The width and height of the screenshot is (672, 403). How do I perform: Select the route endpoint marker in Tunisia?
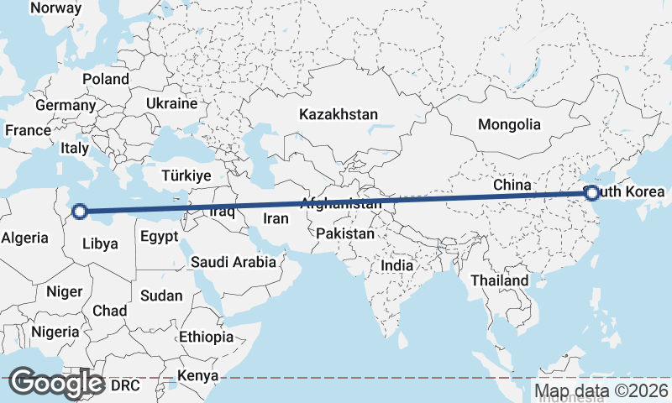click(x=80, y=212)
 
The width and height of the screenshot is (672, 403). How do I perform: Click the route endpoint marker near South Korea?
click(x=592, y=193)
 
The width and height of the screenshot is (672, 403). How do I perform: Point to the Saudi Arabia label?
click(x=234, y=262)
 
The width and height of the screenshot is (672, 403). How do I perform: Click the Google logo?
click(x=57, y=383)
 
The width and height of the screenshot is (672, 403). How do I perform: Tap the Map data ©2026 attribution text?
click(x=601, y=390)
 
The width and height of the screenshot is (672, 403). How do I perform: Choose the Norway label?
click(x=55, y=8)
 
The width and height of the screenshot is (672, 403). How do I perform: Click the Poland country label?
click(x=106, y=79)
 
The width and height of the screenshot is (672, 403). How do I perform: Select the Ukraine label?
click(x=171, y=103)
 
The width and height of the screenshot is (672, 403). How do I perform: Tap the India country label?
click(x=396, y=265)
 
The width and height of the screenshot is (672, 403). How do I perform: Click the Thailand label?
click(x=500, y=280)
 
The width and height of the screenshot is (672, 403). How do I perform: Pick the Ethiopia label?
click(x=206, y=337)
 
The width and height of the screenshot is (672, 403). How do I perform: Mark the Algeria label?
click(x=24, y=238)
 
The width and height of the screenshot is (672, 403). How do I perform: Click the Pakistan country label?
click(x=345, y=234)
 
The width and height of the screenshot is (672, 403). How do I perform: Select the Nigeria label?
click(x=55, y=332)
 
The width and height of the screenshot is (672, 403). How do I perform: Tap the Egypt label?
click(x=160, y=237)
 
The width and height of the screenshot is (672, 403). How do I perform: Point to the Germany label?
click(x=66, y=106)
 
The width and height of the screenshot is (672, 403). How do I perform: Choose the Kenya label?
click(x=198, y=375)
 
